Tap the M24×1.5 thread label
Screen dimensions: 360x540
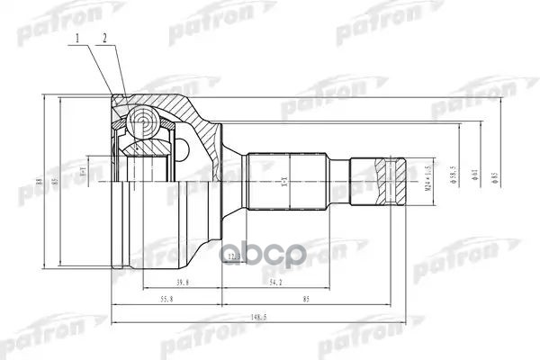(x=417, y=179)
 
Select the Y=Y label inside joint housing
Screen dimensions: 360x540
(x=82, y=170)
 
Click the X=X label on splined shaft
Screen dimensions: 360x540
(x=284, y=181)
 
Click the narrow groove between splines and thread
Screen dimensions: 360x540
(x=338, y=179)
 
